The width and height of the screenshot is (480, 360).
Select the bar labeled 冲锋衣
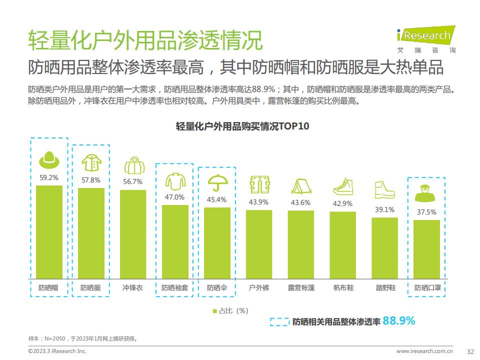coord(133,234)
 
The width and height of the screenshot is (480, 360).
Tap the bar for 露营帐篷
coord(300,244)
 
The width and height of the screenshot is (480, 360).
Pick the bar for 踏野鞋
coord(384,248)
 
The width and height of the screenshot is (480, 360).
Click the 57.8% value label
coord(91,180)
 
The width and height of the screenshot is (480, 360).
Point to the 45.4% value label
coord(216,199)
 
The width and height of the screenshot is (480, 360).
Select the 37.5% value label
coord(426,212)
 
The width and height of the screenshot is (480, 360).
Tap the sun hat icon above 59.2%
coord(49,159)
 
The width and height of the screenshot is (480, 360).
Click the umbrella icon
coord(217,182)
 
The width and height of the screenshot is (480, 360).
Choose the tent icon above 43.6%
coord(300,186)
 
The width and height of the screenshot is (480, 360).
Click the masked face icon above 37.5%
coord(426,193)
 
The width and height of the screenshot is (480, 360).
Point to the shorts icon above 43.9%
coord(258,184)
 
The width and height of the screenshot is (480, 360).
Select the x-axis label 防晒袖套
coord(174,288)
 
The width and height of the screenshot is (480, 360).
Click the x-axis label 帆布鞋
coord(342,288)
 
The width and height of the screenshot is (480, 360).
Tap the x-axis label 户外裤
coord(258,288)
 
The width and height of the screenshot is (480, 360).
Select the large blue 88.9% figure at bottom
coord(398,321)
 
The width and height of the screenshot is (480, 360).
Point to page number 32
coord(470,351)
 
